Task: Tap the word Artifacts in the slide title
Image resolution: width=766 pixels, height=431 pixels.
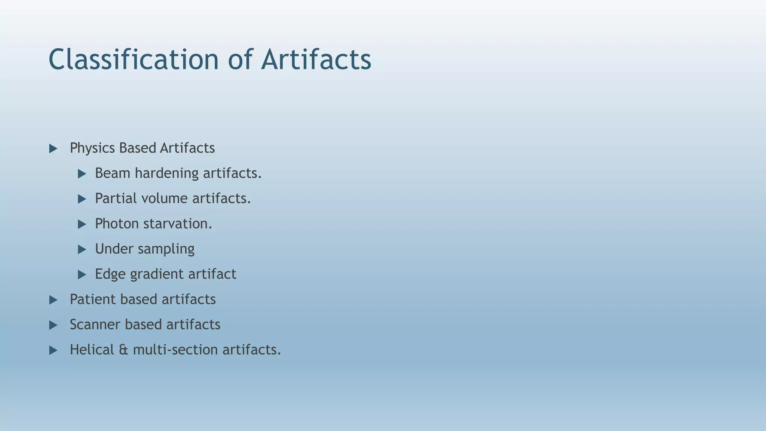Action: click(x=316, y=59)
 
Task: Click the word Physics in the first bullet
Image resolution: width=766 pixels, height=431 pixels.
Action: click(x=92, y=148)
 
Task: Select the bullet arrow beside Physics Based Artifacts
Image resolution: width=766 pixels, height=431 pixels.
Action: click(x=53, y=149)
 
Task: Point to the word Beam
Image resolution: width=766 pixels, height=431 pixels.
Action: click(x=112, y=173)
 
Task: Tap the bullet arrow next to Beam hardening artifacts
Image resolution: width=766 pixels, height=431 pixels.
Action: click(x=82, y=174)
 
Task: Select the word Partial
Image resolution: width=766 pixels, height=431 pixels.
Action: click(x=116, y=198)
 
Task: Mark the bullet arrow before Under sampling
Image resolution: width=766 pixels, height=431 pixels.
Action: click(x=82, y=250)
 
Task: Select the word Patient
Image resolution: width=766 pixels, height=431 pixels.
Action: click(x=93, y=299)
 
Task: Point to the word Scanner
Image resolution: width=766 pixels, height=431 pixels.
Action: click(x=95, y=324)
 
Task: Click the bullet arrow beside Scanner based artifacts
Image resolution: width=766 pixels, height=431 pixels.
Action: click(x=53, y=325)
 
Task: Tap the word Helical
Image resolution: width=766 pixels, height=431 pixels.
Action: click(x=92, y=350)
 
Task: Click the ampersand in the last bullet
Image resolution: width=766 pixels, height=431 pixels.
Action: click(x=123, y=350)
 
